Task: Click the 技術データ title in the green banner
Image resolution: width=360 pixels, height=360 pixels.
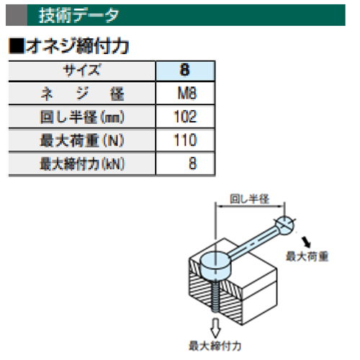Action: pyautogui.click(x=78, y=15)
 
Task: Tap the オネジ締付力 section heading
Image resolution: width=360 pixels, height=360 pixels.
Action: pyautogui.click(x=78, y=46)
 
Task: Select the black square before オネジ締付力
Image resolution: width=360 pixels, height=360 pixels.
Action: pyautogui.click(x=17, y=45)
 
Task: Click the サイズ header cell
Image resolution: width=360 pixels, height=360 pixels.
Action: pyautogui.click(x=81, y=71)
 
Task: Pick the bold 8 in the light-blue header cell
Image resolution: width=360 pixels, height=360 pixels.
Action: pyautogui.click(x=185, y=70)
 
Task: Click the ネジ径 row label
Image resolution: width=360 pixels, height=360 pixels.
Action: pyautogui.click(x=82, y=94)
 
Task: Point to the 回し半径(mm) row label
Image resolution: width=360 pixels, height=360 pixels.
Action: pyautogui.click(x=82, y=117)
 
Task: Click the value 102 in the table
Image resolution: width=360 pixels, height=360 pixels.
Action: pyautogui.click(x=185, y=117)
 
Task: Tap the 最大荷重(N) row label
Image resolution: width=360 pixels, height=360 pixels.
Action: pyautogui.click(x=82, y=140)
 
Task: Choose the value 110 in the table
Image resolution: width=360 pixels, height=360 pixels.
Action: pyautogui.click(x=185, y=140)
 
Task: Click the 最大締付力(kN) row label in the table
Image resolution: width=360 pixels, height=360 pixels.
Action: pyautogui.click(x=82, y=163)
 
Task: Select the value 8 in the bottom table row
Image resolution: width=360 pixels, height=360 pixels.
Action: pyautogui.click(x=193, y=163)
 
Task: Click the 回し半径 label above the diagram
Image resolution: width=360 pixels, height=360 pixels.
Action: pyautogui.click(x=250, y=199)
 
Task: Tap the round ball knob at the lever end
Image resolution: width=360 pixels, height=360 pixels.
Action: pyautogui.click(x=284, y=225)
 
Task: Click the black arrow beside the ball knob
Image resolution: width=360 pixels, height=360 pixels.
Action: pyautogui.click(x=307, y=242)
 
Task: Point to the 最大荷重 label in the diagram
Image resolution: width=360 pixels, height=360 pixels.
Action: pyautogui.click(x=307, y=256)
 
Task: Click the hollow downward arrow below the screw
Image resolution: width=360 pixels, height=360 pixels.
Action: pyautogui.click(x=215, y=328)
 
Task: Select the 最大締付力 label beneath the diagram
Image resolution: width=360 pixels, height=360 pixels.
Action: pyautogui.click(x=215, y=346)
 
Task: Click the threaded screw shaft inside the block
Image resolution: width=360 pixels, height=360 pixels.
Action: pyautogui.click(x=215, y=297)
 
